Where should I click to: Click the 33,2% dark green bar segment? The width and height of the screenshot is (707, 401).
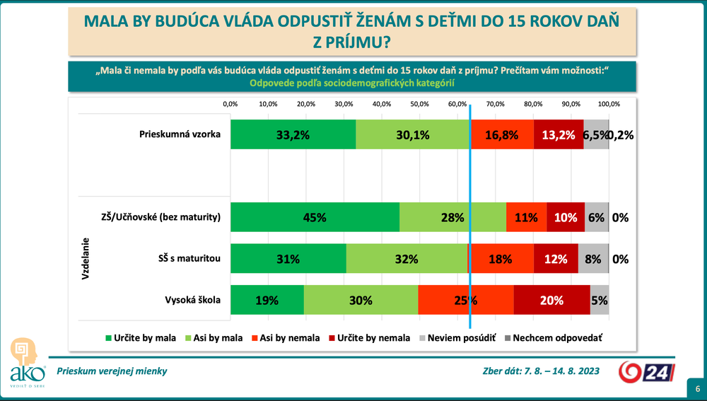click(x=293, y=134)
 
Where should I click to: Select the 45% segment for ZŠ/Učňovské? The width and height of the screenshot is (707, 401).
click(x=315, y=218)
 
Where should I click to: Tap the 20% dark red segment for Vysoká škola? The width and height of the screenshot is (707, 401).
click(x=551, y=300)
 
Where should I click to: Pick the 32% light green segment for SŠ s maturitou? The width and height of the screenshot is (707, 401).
click(x=407, y=259)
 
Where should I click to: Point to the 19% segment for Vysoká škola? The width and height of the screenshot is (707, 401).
click(x=267, y=300)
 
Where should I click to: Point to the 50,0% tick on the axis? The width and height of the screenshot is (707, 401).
click(x=419, y=104)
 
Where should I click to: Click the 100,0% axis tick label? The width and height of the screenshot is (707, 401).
click(x=609, y=104)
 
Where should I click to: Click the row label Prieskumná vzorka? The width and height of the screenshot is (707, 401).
click(x=180, y=134)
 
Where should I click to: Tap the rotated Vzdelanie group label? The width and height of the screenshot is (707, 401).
click(x=86, y=259)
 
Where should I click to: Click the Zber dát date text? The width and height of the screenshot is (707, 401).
click(x=542, y=371)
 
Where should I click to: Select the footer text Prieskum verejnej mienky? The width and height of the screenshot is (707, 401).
click(x=112, y=371)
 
